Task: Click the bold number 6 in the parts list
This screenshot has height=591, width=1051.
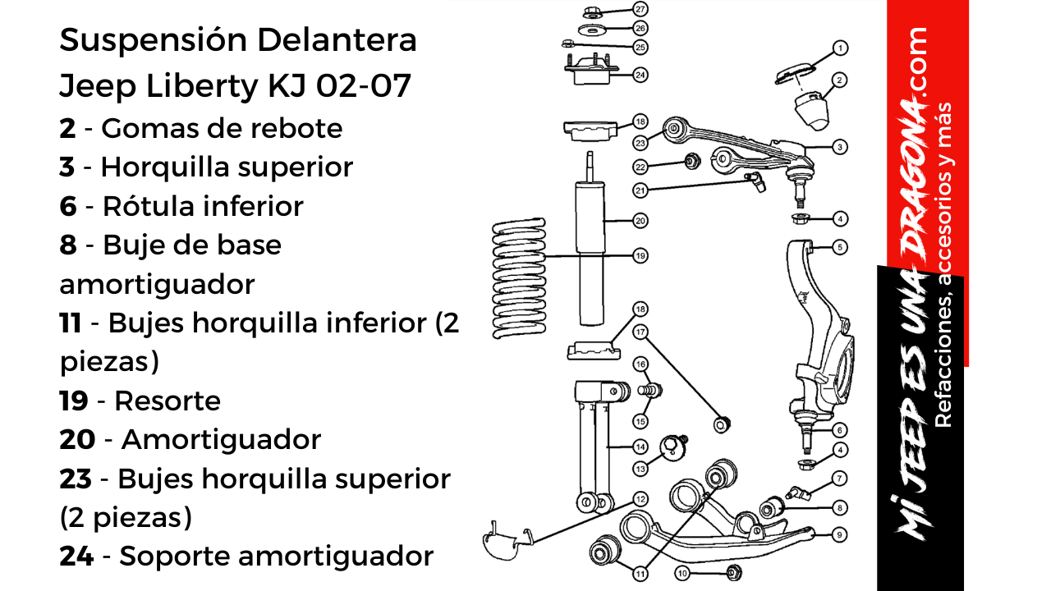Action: (67, 206)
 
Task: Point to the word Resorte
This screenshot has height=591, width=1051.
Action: (167, 401)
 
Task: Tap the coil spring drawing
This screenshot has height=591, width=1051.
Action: (519, 279)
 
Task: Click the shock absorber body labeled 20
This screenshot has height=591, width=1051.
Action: (589, 220)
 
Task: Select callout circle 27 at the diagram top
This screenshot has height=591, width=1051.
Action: (640, 9)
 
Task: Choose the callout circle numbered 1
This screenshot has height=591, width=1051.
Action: (839, 48)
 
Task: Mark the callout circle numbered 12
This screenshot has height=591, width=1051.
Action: (640, 498)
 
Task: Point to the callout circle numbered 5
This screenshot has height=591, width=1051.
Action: (839, 246)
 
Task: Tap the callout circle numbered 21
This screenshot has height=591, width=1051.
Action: (640, 190)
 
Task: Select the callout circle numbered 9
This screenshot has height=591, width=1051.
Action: (839, 534)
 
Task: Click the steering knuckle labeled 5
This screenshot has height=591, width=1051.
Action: (817, 328)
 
